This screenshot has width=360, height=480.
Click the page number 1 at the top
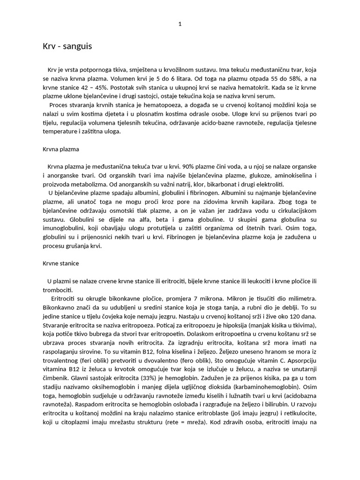[x=180, y=24]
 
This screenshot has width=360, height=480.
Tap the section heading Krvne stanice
[x=62, y=263]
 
